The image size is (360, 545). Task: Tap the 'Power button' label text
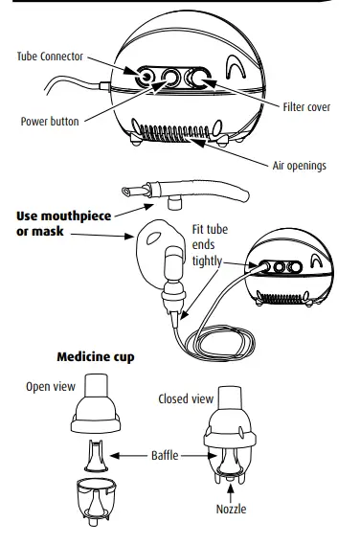tap(50, 122)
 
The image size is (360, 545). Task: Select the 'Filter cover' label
tap(306, 106)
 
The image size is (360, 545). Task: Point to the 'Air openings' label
tap(300, 166)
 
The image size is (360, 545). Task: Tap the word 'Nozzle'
tap(230, 509)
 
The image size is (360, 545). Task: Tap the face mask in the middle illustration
tap(158, 249)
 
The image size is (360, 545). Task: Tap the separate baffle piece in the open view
tap(99, 455)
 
